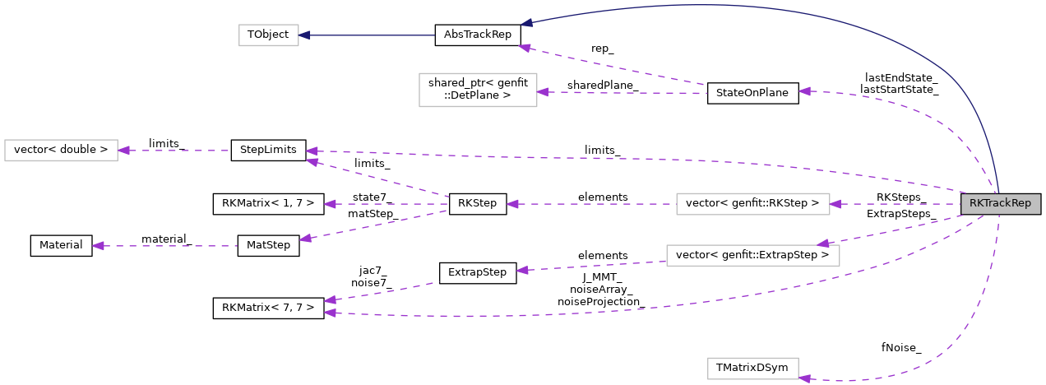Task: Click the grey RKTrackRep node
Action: click(x=1000, y=204)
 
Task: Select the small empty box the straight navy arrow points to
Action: click(x=268, y=35)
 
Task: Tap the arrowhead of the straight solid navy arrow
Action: click(x=304, y=35)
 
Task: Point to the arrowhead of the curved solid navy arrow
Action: click(x=526, y=23)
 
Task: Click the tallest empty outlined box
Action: click(x=478, y=90)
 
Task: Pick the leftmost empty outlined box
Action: click(x=61, y=151)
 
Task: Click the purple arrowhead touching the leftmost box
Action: click(x=123, y=151)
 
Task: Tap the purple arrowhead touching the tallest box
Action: click(x=543, y=92)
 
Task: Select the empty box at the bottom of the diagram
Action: click(x=752, y=369)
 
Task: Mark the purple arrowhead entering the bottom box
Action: click(x=804, y=378)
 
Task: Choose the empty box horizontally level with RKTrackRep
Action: click(x=752, y=204)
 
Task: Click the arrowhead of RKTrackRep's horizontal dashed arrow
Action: click(x=835, y=204)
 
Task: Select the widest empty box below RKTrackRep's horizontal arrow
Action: click(x=752, y=256)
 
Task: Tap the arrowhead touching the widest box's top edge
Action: click(x=822, y=244)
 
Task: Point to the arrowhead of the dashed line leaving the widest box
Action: click(x=521, y=270)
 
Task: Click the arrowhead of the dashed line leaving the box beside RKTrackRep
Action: click(x=512, y=204)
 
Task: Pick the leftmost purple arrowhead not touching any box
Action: click(x=98, y=246)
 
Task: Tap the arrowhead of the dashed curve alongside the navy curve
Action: click(x=804, y=91)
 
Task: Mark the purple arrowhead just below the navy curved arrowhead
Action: click(x=524, y=48)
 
